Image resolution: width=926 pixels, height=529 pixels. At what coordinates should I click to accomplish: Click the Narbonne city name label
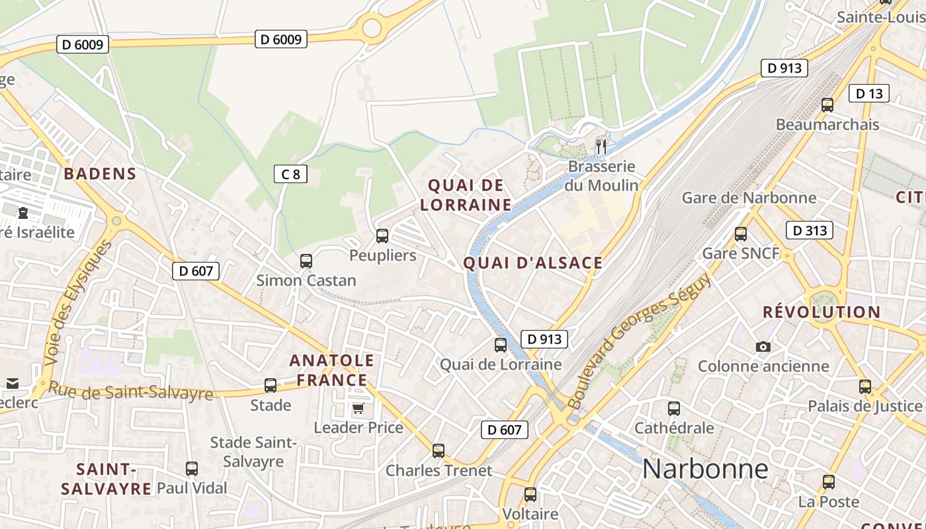[705, 469]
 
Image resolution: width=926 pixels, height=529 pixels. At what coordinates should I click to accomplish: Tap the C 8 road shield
[290, 175]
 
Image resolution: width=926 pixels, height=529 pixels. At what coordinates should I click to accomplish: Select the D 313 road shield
[809, 230]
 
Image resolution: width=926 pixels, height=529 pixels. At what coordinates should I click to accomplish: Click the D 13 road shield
[868, 94]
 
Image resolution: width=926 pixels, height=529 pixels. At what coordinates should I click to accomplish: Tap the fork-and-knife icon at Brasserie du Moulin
[601, 146]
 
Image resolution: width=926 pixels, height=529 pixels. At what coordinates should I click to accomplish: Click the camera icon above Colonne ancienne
[763, 346]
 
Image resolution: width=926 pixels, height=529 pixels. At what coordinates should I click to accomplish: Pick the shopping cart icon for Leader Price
[358, 408]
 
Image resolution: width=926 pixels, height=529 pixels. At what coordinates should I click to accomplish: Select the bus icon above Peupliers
[382, 235]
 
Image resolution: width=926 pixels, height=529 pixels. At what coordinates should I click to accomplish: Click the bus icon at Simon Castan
[306, 261]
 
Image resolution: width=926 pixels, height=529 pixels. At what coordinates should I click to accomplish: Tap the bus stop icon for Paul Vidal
[192, 469]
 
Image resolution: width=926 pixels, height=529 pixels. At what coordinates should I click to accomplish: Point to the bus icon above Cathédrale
[673, 409]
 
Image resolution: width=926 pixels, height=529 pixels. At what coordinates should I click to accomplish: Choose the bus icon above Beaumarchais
[827, 104]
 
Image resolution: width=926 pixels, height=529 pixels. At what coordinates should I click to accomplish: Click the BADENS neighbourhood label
[100, 174]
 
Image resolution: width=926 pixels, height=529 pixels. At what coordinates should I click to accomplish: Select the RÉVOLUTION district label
[821, 312]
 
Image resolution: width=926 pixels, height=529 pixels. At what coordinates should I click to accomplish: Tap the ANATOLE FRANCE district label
[332, 370]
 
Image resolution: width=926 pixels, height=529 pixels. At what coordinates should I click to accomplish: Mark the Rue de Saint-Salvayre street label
[131, 392]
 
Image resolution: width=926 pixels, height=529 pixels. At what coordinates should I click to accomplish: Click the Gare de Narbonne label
[749, 198]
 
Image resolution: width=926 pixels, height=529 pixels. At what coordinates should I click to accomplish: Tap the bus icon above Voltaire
[530, 495]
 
